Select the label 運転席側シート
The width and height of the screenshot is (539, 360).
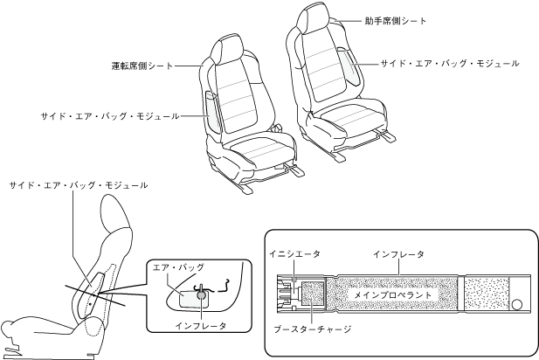coord(142,66)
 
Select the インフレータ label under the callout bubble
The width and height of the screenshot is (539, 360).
coord(199,326)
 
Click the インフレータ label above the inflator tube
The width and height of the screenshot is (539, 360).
coord(398,253)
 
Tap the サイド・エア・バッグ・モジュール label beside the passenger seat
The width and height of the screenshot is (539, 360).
coord(450,64)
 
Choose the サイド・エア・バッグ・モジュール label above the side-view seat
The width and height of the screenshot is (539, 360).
coord(78,185)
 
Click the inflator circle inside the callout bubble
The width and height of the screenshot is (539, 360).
coord(202,295)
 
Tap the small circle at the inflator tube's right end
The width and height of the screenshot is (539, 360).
coord(517,305)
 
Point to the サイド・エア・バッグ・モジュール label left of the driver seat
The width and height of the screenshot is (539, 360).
coord(109,115)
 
